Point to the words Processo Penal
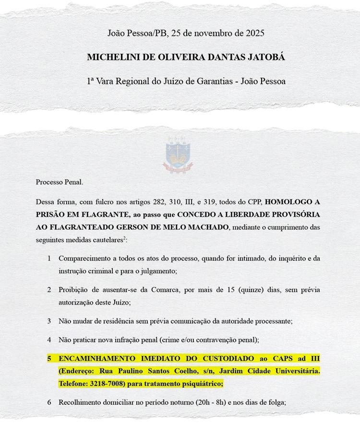click(60, 182)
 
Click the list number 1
click(49, 258)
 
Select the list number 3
click(49, 321)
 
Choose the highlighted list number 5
click(49, 358)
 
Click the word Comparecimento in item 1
click(86, 258)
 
